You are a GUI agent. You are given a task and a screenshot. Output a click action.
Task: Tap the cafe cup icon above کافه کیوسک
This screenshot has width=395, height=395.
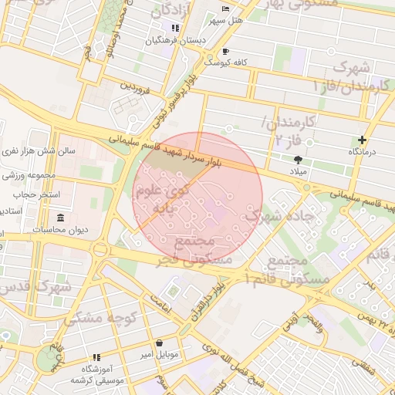click(206, 52)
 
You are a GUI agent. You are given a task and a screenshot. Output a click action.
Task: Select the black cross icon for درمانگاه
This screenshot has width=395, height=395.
click(362, 140)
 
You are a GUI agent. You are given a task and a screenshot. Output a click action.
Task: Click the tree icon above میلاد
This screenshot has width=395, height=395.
click(298, 159)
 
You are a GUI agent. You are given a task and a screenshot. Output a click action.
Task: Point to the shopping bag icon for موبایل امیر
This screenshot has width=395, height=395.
click(159, 343)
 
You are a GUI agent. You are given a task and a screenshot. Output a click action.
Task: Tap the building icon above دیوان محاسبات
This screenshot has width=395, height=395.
click(60, 218)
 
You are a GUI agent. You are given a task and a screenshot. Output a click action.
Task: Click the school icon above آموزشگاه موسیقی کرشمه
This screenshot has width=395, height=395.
click(96, 357)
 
